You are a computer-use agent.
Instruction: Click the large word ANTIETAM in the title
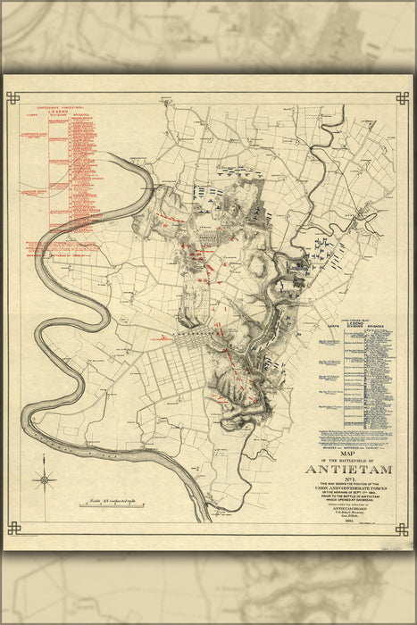click(350, 468)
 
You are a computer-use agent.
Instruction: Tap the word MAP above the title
click(350, 451)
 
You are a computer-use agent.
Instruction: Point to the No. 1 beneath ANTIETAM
click(350, 479)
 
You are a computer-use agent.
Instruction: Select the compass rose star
click(44, 480)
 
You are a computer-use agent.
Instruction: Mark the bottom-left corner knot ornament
click(13, 528)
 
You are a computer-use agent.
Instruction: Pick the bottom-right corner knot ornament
click(402, 528)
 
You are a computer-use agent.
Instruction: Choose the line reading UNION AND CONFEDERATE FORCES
click(350, 489)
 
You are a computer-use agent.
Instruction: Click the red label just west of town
click(164, 339)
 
